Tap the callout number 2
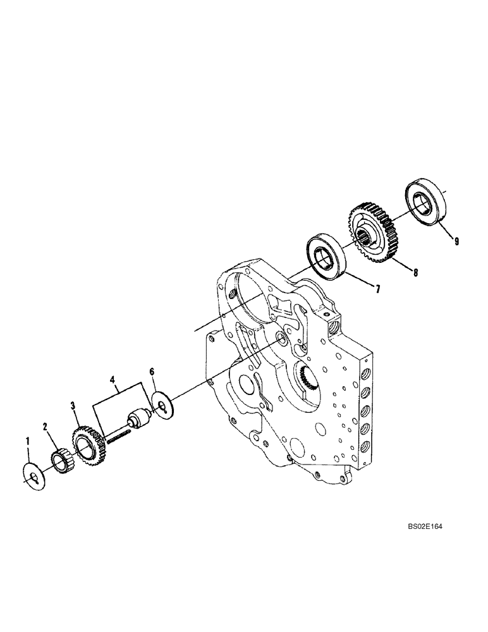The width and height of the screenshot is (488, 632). coord(46,427)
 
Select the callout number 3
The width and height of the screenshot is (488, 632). coord(73,406)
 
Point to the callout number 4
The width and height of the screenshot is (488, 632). coord(113,380)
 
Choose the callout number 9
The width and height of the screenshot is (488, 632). coord(456,241)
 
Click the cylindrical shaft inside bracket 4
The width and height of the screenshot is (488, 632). coord(139,419)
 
